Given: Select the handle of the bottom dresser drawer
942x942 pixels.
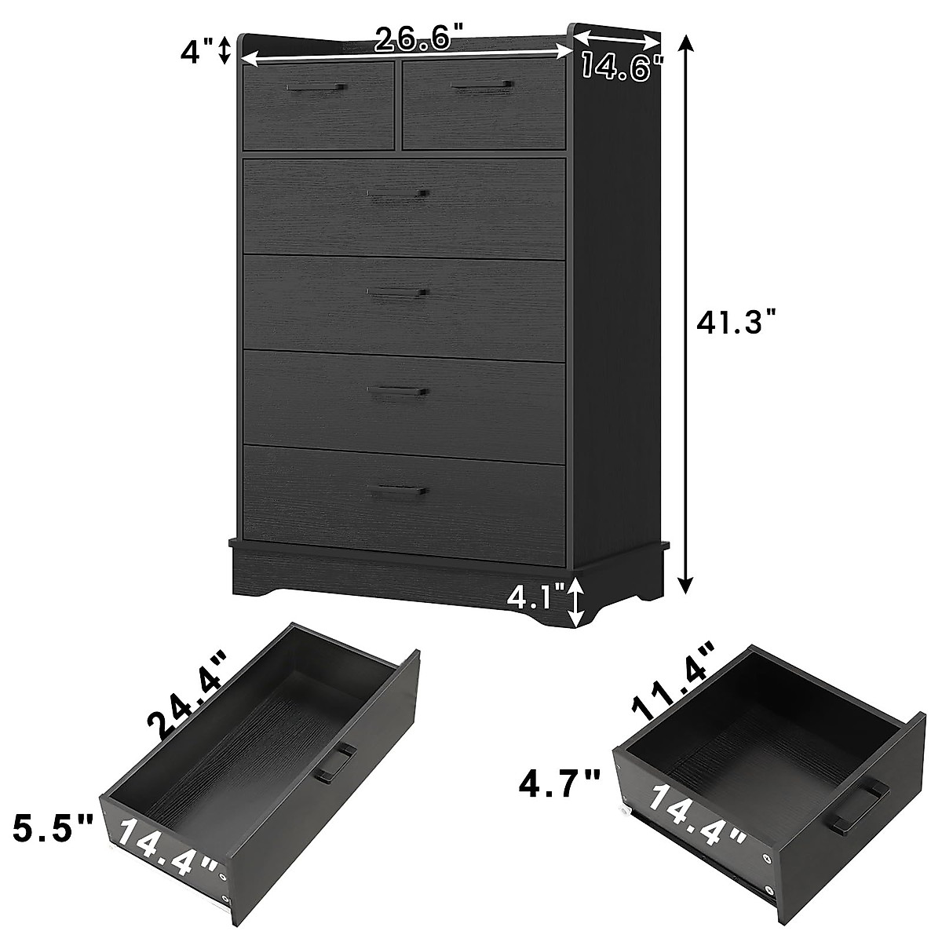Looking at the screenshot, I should [399, 491].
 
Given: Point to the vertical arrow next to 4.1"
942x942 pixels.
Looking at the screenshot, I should [577, 602].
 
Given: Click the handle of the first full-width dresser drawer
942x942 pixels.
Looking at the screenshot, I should [399, 194].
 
